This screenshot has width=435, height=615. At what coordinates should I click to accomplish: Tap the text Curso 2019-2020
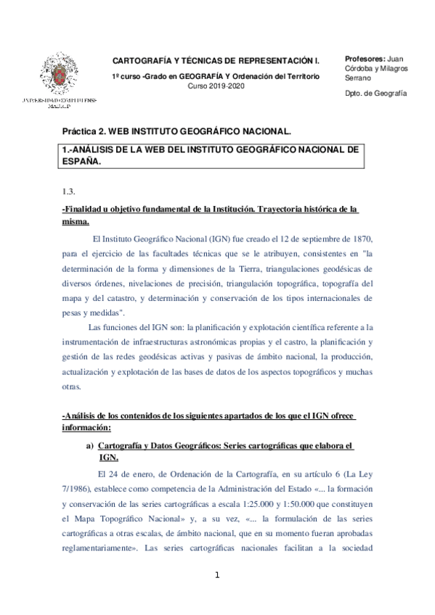(216, 86)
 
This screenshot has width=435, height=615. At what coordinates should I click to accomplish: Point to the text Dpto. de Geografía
(375, 94)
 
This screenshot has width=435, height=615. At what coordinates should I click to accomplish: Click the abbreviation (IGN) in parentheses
(201, 237)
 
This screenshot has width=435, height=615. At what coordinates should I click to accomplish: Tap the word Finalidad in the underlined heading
(84, 210)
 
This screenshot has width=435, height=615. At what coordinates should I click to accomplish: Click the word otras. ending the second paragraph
(72, 387)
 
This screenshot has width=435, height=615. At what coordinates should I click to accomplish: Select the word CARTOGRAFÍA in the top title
(144, 61)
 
